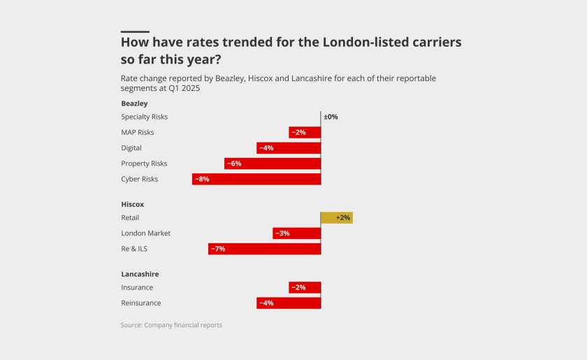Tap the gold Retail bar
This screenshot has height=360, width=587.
click(x=337, y=218)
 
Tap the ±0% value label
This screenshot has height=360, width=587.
click(x=331, y=117)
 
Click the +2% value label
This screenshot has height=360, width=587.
click(x=343, y=218)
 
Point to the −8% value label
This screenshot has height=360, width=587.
click(x=202, y=179)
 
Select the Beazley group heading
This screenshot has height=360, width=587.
click(x=134, y=103)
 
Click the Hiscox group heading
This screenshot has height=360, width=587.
click(x=132, y=204)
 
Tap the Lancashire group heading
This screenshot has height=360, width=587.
click(x=140, y=274)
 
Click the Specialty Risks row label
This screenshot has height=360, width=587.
click(x=145, y=117)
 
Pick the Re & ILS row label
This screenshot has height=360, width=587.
click(x=134, y=249)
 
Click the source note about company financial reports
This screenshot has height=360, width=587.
click(x=171, y=325)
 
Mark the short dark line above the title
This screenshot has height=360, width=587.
click(x=135, y=31)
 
